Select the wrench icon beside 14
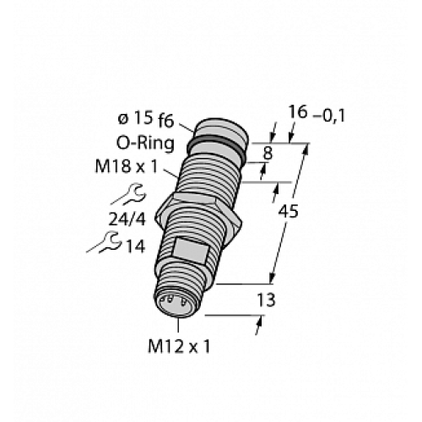tap(104, 246)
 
